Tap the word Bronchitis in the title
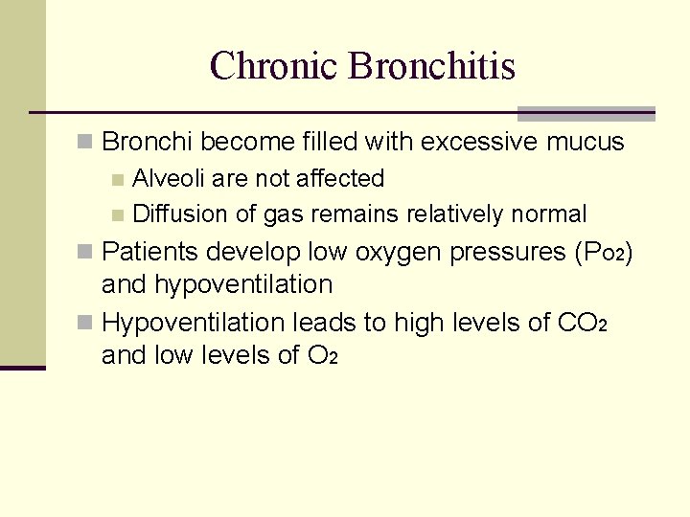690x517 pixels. pyautogui.click(x=432, y=66)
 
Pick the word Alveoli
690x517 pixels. pyautogui.click(x=169, y=179)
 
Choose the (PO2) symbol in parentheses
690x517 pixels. pyautogui.click(x=602, y=253)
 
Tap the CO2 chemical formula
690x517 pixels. pyautogui.click(x=582, y=324)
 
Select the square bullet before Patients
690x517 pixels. pyautogui.click(x=85, y=253)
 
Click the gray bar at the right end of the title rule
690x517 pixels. pyautogui.click(x=586, y=114)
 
